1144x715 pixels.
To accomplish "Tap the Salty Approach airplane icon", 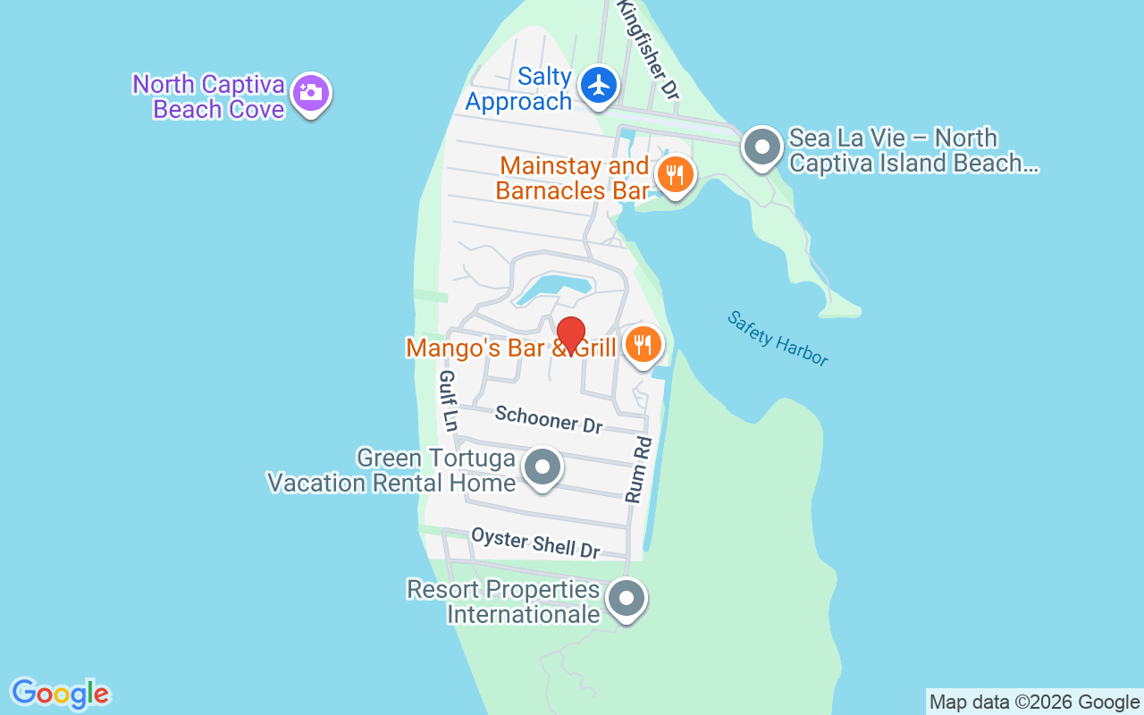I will click(x=599, y=86).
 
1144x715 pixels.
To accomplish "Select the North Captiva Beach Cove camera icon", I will click(x=310, y=92).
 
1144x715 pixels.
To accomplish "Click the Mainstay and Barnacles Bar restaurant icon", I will click(x=675, y=175).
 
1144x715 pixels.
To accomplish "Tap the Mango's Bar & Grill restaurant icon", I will click(x=642, y=343).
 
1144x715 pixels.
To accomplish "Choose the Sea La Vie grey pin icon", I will click(x=762, y=147).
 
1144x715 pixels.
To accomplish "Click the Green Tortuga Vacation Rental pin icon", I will click(x=542, y=467).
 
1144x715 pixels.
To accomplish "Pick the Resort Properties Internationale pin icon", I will click(x=626, y=598).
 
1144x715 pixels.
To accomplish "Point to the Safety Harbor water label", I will click(x=778, y=338).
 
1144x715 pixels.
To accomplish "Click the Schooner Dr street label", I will click(x=549, y=419).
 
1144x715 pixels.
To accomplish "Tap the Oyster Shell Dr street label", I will click(x=535, y=543).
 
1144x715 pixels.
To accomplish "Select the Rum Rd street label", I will click(x=639, y=469).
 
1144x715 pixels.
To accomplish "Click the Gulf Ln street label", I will click(x=448, y=400).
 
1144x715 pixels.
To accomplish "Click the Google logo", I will click(x=60, y=694).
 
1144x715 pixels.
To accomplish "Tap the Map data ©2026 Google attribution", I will click(x=1034, y=702).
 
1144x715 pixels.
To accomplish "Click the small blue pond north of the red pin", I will click(x=554, y=289).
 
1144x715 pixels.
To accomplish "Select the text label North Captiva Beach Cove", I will click(x=209, y=97).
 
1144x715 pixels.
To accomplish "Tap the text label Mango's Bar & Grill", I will click(x=510, y=348).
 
